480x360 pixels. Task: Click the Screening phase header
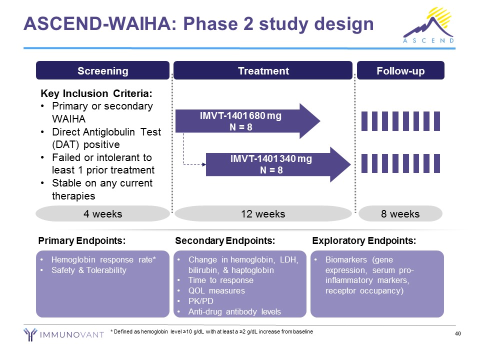102,70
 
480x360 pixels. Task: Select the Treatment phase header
263,70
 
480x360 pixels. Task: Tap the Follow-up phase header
400,70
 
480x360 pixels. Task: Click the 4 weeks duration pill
102,214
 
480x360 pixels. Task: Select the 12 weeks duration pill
263,214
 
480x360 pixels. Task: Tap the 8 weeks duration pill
400,214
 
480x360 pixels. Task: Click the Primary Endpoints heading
81,241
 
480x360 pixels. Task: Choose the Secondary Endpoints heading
225,241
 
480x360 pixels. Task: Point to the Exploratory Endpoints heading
364,241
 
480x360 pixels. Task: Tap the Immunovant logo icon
30,334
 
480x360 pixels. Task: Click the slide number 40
457,334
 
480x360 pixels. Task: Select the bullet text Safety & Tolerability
89,270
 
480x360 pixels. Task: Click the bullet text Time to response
220,280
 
